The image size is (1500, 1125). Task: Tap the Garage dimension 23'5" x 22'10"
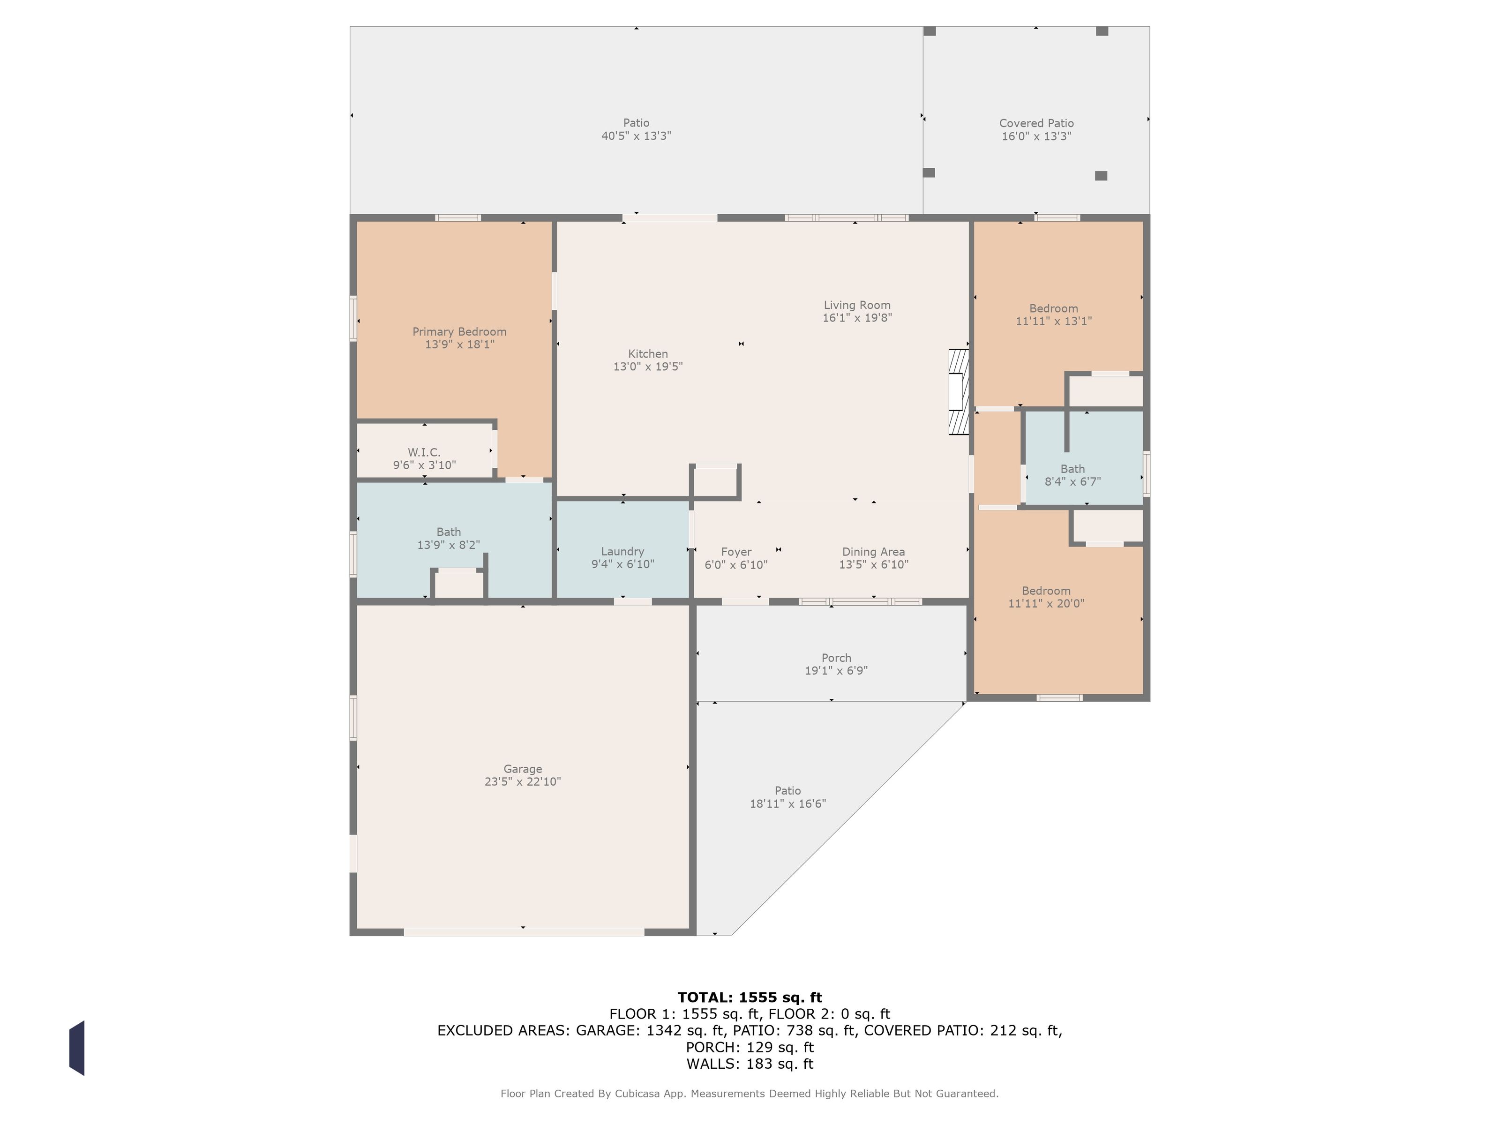(522, 782)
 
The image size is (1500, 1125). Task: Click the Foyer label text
(736, 552)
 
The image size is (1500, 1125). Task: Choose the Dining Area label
(873, 552)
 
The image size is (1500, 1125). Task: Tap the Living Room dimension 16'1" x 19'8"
(857, 318)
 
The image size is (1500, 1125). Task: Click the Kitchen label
(648, 354)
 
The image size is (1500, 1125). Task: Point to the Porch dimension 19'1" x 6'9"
(836, 671)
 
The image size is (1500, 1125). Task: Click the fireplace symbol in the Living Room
(958, 392)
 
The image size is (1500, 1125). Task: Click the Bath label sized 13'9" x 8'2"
(448, 532)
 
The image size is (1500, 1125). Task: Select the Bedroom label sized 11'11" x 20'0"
(1046, 591)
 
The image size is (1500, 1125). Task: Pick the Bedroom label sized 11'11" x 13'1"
(1053, 308)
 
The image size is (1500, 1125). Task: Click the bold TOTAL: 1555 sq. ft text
(750, 997)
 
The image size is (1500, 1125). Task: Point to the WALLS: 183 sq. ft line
(750, 1064)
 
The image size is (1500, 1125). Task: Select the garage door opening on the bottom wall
(524, 932)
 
